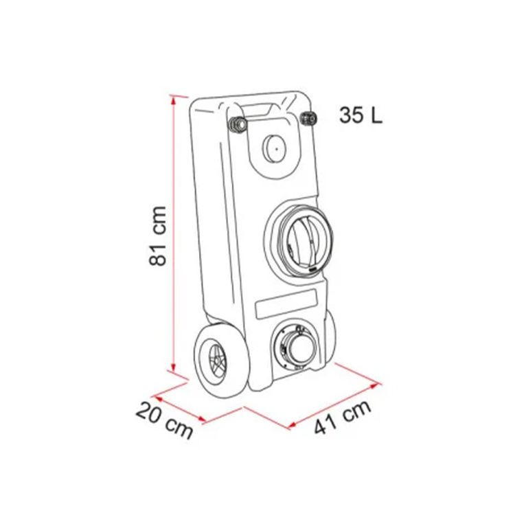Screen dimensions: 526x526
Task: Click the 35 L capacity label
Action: click(360, 115)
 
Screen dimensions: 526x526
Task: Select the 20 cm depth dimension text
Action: click(164, 421)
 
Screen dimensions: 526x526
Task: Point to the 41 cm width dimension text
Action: click(343, 416)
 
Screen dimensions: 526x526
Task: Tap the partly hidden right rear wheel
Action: click(328, 336)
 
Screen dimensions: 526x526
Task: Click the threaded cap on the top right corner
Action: click(308, 118)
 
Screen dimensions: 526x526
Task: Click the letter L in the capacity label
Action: click(375, 115)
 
